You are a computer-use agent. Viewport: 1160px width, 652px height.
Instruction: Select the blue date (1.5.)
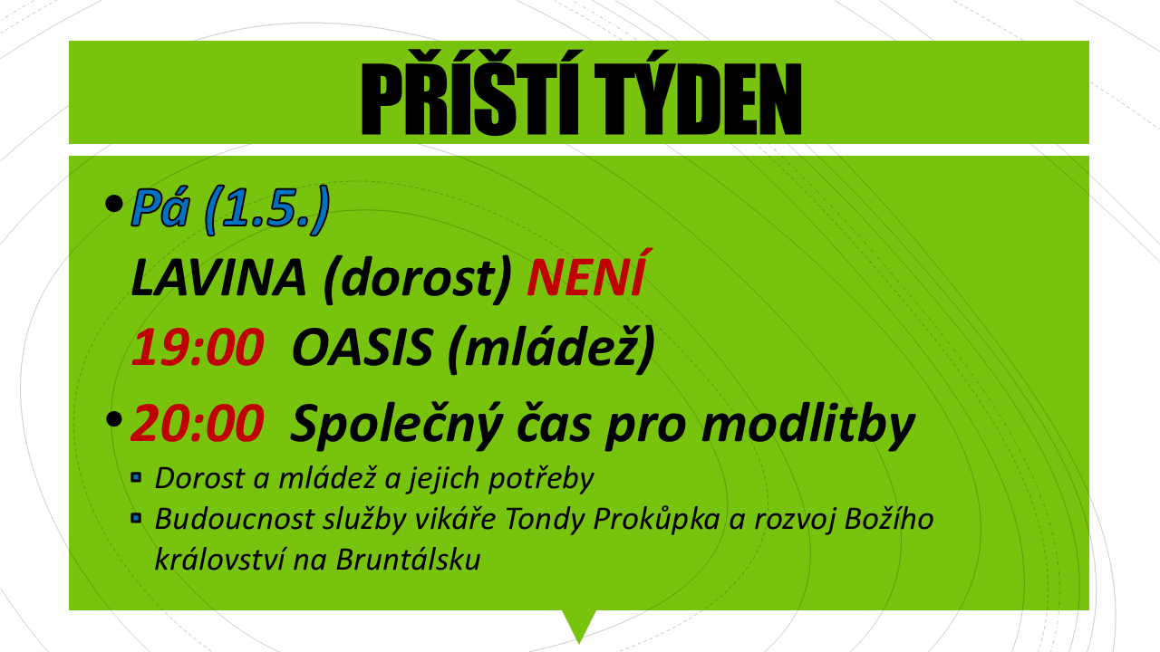267,209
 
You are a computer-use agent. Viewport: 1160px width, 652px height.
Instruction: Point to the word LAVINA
218,278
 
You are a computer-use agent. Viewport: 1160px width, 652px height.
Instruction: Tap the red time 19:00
198,347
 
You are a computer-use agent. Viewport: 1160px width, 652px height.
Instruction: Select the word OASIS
362,347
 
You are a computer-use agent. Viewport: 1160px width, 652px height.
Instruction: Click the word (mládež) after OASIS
551,349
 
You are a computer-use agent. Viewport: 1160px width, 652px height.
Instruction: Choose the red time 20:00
198,423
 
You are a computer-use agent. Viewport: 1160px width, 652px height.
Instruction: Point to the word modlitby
807,425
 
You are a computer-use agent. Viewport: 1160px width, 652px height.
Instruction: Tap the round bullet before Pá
114,204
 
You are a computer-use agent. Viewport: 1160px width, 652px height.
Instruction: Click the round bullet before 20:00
114,419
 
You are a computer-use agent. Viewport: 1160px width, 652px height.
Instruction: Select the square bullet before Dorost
136,477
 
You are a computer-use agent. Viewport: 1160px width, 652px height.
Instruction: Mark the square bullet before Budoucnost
136,518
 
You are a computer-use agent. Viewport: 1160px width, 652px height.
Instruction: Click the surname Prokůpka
656,520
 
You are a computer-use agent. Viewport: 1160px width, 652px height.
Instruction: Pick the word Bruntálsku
409,560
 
